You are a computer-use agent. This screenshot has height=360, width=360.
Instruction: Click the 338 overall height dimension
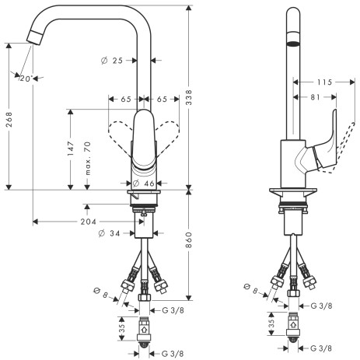[x=189, y=97]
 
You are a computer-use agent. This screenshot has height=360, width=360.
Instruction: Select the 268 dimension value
[x=9, y=120]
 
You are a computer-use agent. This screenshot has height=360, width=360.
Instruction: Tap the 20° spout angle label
[x=26, y=79]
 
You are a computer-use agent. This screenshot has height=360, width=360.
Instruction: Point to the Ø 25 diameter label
[x=112, y=61]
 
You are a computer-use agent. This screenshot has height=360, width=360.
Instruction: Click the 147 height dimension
[x=71, y=149]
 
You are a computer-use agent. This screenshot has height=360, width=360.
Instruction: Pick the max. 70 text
[x=88, y=159]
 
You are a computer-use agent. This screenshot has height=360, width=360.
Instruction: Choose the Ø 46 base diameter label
[x=144, y=183]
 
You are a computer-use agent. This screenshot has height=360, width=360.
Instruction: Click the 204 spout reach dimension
[x=88, y=222]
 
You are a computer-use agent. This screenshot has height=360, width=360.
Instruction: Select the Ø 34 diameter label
[x=109, y=233]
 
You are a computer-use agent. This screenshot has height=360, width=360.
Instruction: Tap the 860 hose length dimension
[x=189, y=239]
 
